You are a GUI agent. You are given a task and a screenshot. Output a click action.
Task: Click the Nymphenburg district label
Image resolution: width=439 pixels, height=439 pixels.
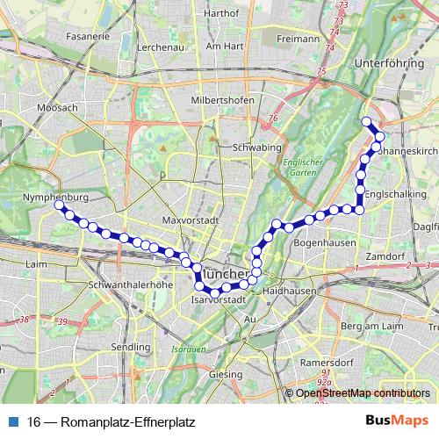point(54,198)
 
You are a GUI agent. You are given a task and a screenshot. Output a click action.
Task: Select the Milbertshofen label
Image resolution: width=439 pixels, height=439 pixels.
point(224,100)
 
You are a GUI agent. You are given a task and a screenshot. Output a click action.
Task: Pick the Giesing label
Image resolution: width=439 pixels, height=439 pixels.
point(226,375)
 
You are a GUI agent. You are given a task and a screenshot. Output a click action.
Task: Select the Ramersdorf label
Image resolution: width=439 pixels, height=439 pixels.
point(326,361)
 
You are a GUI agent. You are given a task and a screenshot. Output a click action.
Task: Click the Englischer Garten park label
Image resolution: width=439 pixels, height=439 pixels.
point(303,169)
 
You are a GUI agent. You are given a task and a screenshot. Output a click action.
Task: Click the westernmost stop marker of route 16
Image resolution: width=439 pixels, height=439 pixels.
point(58,207)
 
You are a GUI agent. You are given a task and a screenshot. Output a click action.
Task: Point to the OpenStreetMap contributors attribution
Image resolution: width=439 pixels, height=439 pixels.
point(363,392)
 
